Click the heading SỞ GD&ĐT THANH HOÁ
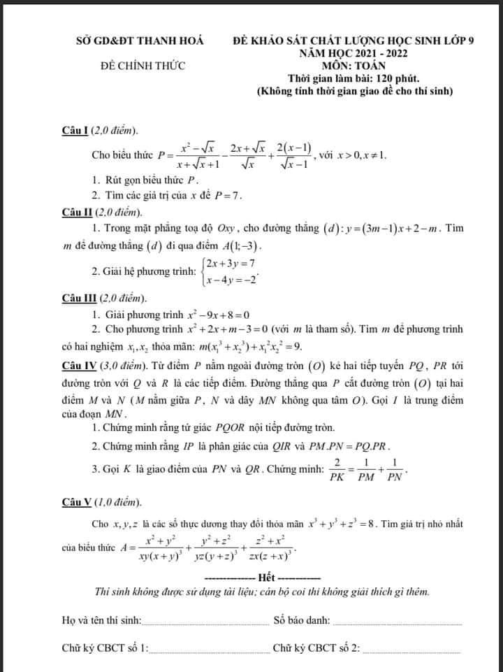pyautogui.click(x=140, y=41)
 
